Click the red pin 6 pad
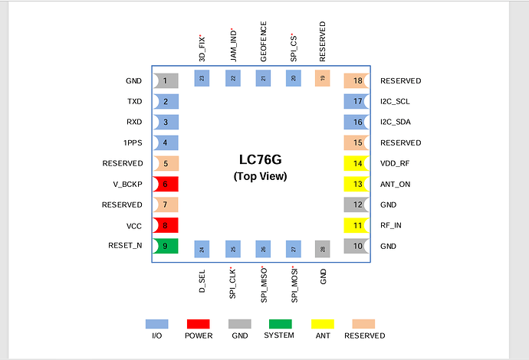coord(166,184)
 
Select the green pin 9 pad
coord(166,246)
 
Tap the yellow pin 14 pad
coord(356,163)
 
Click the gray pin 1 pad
coord(166,81)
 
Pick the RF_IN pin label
coord(391,225)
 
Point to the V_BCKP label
coord(127,185)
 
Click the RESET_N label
coord(125,245)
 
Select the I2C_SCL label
coord(395,101)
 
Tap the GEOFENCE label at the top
coord(264,41)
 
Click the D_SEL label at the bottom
coord(202,281)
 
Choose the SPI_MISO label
coord(264,285)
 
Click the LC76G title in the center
coord(260,159)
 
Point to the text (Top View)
coord(260,176)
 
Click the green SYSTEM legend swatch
coord(281,324)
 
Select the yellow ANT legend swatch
coord(323,324)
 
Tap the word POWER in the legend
coord(199,335)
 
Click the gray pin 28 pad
coord(323,249)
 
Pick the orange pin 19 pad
coord(323,78)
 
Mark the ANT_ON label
coord(395,185)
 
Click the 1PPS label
coord(133,143)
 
